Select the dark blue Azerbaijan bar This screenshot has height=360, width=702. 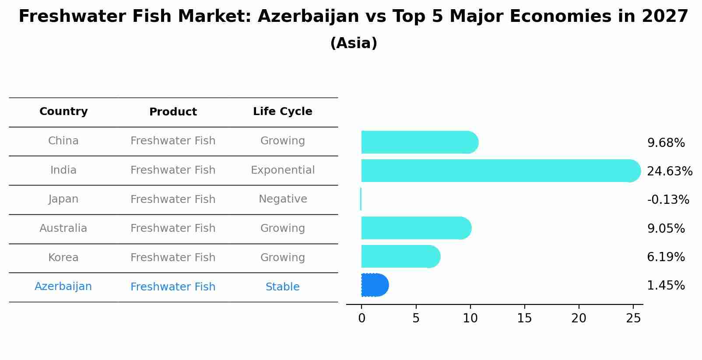375,285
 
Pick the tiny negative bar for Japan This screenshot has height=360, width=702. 361,199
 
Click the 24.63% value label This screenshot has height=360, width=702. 669,171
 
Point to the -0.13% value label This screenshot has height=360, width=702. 668,200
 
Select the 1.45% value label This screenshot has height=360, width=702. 666,286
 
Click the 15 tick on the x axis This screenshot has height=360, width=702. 524,318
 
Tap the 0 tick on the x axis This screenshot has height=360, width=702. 362,318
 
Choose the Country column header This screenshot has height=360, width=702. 63,112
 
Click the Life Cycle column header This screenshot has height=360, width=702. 282,112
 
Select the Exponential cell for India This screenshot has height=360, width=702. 282,170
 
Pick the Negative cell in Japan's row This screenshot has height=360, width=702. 282,199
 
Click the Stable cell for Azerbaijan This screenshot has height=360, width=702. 282,287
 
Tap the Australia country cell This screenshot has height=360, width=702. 63,228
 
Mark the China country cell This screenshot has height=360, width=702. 63,141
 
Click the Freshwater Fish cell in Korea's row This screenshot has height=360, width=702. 173,258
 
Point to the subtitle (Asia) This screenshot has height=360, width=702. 353,43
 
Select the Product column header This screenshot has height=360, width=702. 173,112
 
